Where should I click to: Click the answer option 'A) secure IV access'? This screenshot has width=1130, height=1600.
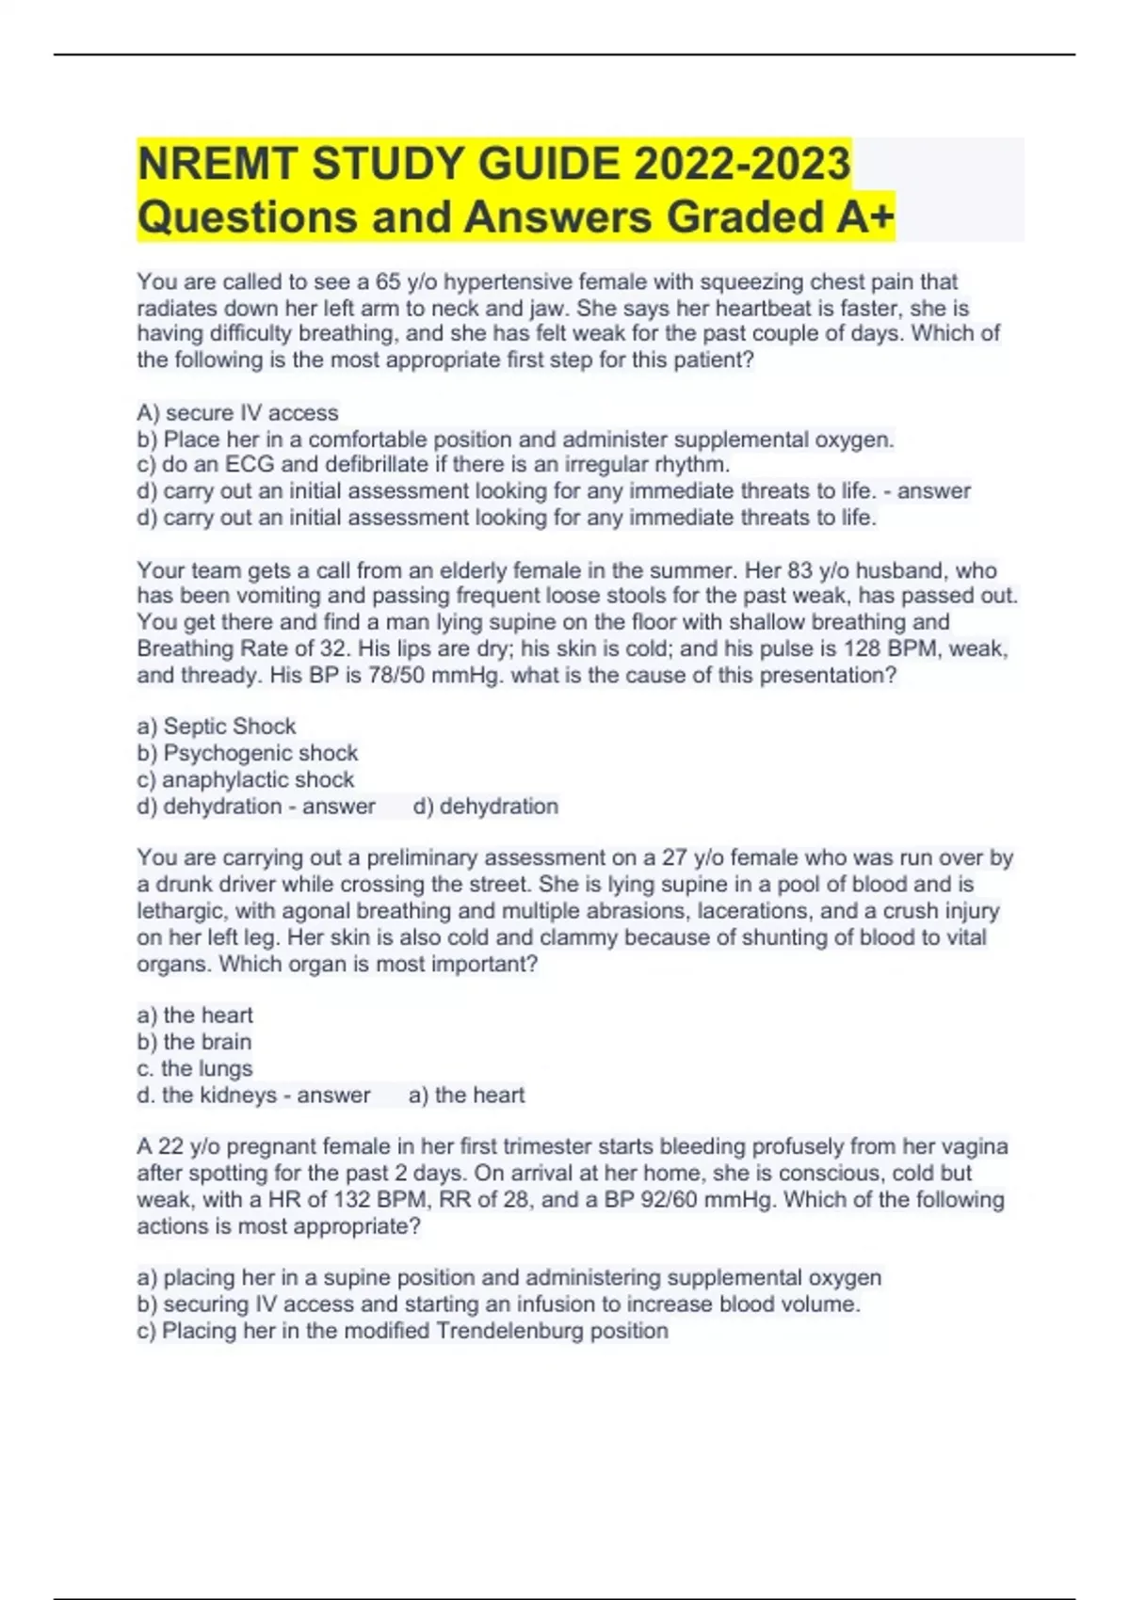237,412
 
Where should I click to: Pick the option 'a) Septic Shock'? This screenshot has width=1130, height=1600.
216,726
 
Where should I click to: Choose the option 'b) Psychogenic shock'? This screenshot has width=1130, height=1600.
247,753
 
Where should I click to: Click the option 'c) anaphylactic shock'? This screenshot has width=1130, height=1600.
245,779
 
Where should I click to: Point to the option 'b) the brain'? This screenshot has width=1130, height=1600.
194,1042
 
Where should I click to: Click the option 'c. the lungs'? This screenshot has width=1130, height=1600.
195,1068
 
